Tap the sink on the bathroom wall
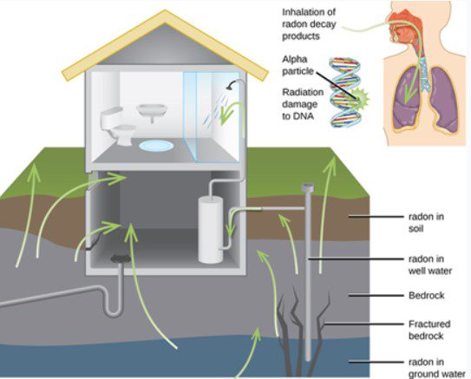[153, 112]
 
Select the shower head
[232, 85]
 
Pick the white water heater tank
[212, 229]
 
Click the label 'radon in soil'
[428, 224]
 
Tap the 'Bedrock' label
[426, 296]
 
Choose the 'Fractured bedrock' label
[429, 330]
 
